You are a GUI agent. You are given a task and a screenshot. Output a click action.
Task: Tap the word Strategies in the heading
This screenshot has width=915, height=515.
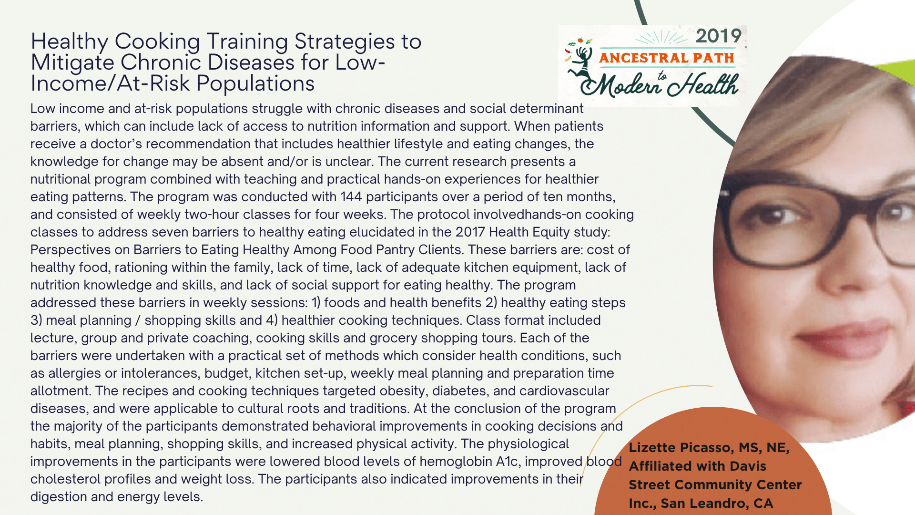[x=345, y=42]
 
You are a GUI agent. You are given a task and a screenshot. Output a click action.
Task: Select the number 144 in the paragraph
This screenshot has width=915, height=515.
[x=351, y=196]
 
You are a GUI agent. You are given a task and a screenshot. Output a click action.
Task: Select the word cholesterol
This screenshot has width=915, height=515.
[x=65, y=479]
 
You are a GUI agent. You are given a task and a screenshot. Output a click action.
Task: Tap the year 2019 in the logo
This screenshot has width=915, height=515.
[x=719, y=36]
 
